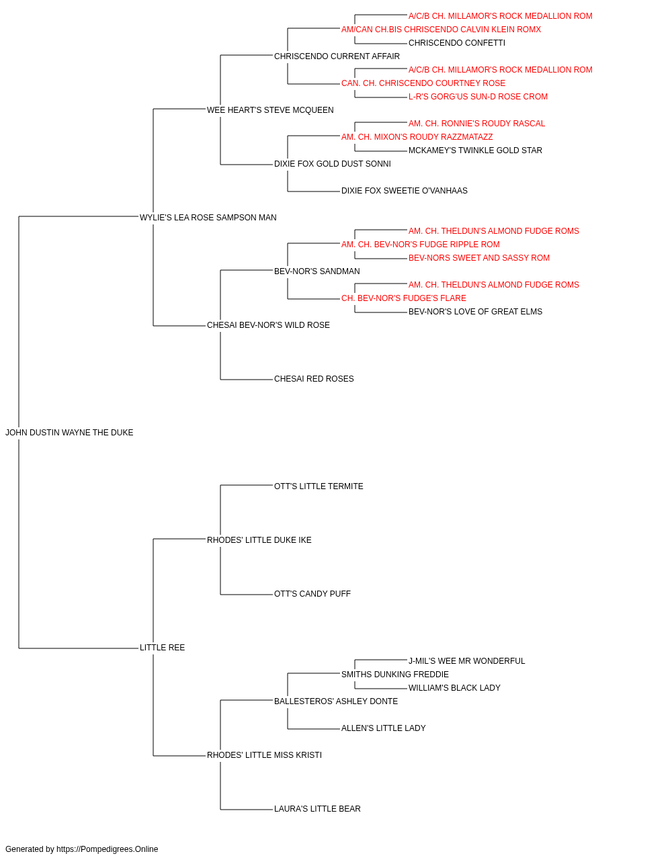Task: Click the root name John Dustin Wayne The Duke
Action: coord(69,433)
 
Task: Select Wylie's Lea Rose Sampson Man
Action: coord(208,218)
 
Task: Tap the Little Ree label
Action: coord(162,648)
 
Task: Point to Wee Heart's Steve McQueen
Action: coord(270,110)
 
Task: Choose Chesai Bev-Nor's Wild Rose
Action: coord(268,325)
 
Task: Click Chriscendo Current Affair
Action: coord(337,56)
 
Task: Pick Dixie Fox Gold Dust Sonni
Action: coord(333,164)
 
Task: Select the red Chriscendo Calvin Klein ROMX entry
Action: coord(442,30)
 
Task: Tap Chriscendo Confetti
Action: coord(457,43)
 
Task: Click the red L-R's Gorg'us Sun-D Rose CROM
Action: coord(478,97)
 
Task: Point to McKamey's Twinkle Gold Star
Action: coord(475,150)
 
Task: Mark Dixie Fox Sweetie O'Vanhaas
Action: coord(405,191)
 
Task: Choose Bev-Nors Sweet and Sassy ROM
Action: coord(479,258)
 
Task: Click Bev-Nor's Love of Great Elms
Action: coord(475,312)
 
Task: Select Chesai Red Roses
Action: coord(314,379)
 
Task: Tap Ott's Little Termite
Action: coord(319,486)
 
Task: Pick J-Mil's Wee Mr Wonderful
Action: coord(466,661)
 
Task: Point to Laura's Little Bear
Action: coord(317,809)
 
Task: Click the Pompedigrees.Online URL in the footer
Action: coord(108,849)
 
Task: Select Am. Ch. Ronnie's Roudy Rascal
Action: coord(476,124)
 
